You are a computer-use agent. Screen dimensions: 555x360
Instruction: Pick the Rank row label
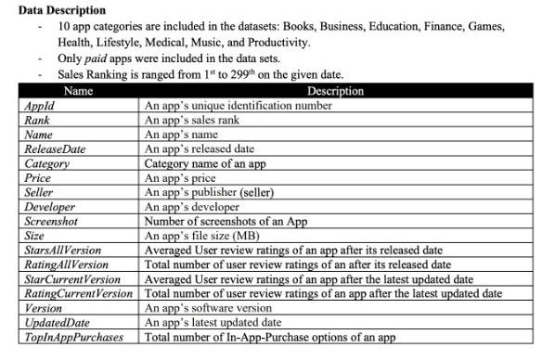38,120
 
